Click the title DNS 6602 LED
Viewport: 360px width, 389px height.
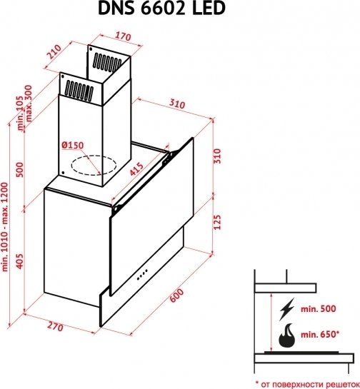(x=161, y=8)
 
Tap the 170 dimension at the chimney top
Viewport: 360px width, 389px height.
(x=123, y=36)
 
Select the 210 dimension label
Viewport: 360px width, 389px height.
(x=54, y=51)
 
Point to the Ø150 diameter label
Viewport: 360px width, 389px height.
(x=72, y=145)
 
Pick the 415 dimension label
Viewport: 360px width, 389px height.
(x=137, y=169)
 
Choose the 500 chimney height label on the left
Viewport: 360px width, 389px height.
(x=19, y=170)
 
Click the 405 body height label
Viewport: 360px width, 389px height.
(x=19, y=261)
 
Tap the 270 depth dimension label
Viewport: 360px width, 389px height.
(x=55, y=327)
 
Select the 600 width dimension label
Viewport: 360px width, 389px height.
(x=176, y=295)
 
